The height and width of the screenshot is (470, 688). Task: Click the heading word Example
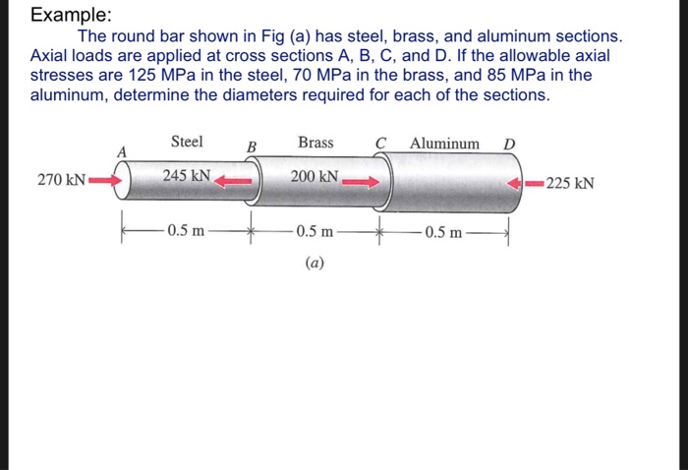[x=71, y=17]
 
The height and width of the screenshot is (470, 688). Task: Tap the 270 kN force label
[x=61, y=181]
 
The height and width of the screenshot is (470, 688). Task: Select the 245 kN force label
[x=186, y=176]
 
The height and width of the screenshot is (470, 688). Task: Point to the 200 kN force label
[x=315, y=177]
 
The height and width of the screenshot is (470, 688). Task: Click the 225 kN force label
[x=573, y=182]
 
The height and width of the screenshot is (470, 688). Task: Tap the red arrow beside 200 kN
[x=361, y=181]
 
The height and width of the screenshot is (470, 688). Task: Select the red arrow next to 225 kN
[x=529, y=182]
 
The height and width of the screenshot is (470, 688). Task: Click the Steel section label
[x=187, y=142]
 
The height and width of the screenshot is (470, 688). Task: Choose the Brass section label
[x=315, y=143]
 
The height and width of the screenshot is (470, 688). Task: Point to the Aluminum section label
[x=445, y=144]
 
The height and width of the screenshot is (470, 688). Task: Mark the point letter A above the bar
[x=123, y=151]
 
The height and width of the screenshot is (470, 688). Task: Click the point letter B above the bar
[x=251, y=147]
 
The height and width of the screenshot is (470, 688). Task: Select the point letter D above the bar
[x=508, y=145]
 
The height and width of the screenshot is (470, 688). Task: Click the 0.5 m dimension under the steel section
[x=186, y=232]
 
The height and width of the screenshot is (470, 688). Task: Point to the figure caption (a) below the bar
[x=315, y=263]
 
